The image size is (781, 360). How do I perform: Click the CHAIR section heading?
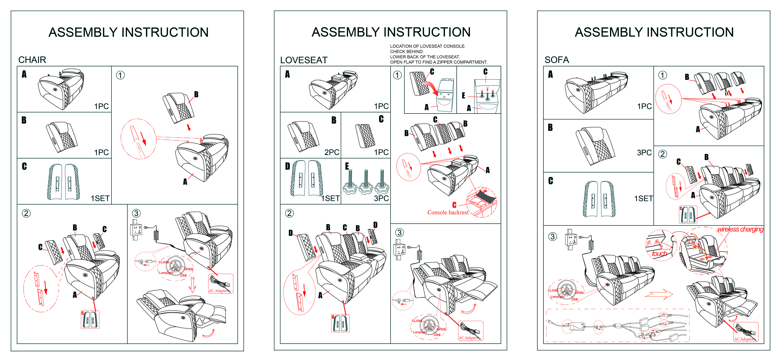(32, 60)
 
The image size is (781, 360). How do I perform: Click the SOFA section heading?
(557, 60)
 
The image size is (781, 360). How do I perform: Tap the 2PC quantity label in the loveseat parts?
(332, 152)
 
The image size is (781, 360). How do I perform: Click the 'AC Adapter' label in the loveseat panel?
(468, 338)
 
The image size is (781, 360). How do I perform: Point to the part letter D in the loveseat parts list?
(287, 166)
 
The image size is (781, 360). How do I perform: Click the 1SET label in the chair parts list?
(100, 199)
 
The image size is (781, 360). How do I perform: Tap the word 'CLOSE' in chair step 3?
(164, 262)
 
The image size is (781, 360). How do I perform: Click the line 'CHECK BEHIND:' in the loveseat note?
(407, 52)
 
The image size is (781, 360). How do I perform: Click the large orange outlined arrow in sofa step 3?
(659, 294)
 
